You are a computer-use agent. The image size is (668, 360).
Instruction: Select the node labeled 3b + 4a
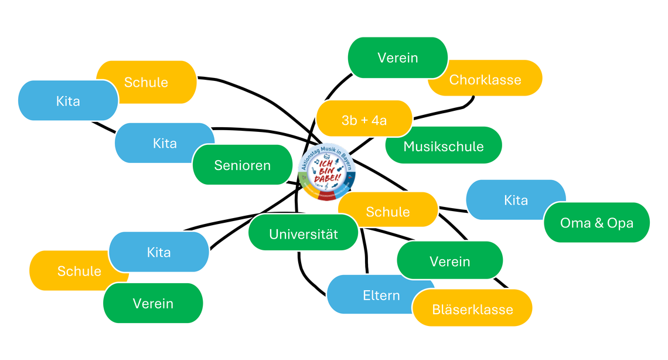364,120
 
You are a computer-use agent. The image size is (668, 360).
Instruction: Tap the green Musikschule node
444,146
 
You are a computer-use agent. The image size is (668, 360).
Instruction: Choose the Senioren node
243,165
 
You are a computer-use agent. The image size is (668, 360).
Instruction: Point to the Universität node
304,234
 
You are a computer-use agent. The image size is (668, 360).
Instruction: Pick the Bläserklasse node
472,309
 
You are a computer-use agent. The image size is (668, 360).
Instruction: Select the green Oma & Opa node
597,223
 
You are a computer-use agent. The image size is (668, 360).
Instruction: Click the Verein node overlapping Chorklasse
398,57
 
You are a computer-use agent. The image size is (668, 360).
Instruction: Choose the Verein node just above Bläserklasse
450,261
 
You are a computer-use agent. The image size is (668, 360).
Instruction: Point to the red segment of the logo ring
326,196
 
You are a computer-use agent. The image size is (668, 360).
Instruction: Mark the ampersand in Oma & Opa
597,223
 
